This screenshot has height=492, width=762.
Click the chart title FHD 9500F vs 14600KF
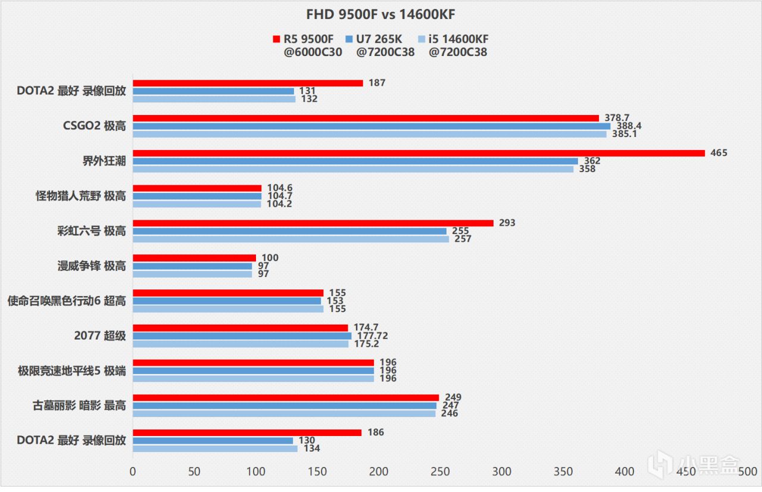tap(380, 14)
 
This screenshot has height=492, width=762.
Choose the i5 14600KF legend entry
tap(452, 39)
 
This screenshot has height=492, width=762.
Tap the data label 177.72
tap(372, 336)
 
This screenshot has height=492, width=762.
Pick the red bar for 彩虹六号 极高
tap(313, 223)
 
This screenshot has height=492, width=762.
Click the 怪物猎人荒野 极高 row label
tap(81, 196)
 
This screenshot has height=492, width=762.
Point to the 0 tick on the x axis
tap(133, 471)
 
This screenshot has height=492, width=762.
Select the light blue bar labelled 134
tap(215, 449)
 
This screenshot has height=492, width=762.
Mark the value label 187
tap(377, 83)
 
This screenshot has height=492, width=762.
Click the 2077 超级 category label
tap(100, 336)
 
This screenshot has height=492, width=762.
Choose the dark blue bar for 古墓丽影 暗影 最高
tap(285, 406)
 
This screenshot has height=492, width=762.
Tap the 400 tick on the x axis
tap(624, 471)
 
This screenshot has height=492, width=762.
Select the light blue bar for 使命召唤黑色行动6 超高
tap(228, 309)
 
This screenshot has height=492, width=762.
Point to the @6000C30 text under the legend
tap(313, 52)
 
